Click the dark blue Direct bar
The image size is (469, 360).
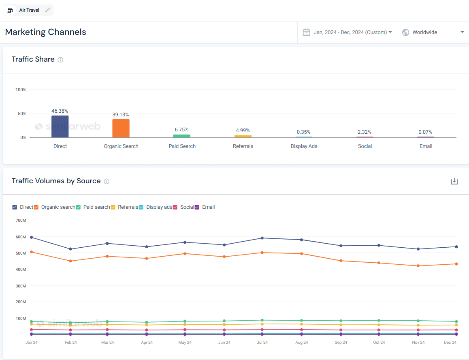[x=60, y=126]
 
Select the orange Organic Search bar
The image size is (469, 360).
[x=121, y=128]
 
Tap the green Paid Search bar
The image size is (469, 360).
[x=182, y=136]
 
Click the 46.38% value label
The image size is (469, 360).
[x=60, y=111]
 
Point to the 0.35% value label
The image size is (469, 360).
[x=304, y=132]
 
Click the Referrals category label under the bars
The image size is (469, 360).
[x=243, y=146]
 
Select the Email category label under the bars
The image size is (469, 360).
[x=426, y=146]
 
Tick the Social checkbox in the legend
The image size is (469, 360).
[x=175, y=207]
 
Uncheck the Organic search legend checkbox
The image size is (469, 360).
[x=36, y=207]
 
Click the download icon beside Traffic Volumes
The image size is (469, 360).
[x=454, y=181]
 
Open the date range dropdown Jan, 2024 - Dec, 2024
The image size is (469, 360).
[x=347, y=32]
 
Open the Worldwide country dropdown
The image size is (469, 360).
[x=433, y=32]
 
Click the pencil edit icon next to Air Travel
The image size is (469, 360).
[x=48, y=10]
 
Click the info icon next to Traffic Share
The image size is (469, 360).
[x=60, y=60]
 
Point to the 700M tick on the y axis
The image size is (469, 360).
[x=21, y=220]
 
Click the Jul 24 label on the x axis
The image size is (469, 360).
[x=262, y=343]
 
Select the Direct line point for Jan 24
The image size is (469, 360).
[x=32, y=237]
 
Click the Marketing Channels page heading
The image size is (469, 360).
[x=45, y=32]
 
